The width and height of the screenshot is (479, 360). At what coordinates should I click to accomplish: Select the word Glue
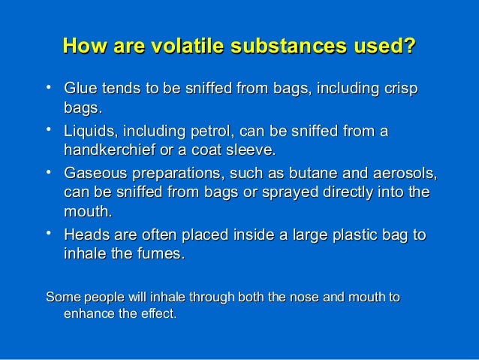pos(82,92)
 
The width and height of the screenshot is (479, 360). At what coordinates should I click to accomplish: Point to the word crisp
pos(395,92)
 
